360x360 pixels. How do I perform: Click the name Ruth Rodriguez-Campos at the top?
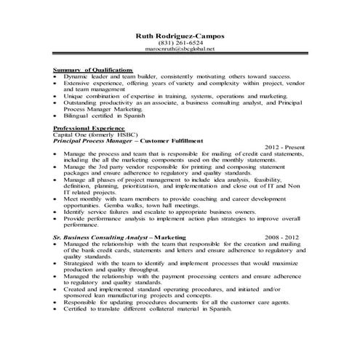pyautogui.click(x=180, y=35)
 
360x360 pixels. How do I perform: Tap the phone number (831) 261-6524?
pyautogui.click(x=180, y=42)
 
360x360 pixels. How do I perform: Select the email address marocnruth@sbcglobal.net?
pyautogui.click(x=180, y=49)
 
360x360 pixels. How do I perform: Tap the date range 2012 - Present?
pyautogui.click(x=284, y=148)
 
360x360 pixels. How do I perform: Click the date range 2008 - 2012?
pyautogui.click(x=283, y=238)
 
